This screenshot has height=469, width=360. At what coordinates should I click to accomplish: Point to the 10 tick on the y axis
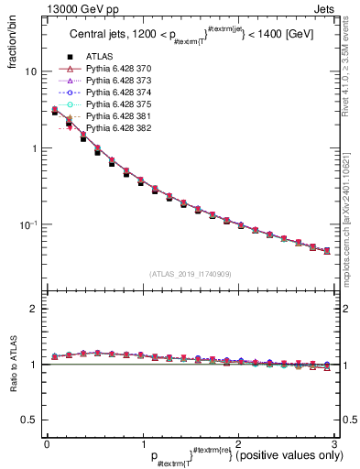pos(30,71)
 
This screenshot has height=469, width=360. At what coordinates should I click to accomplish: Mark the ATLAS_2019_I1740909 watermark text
pos(189,273)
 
